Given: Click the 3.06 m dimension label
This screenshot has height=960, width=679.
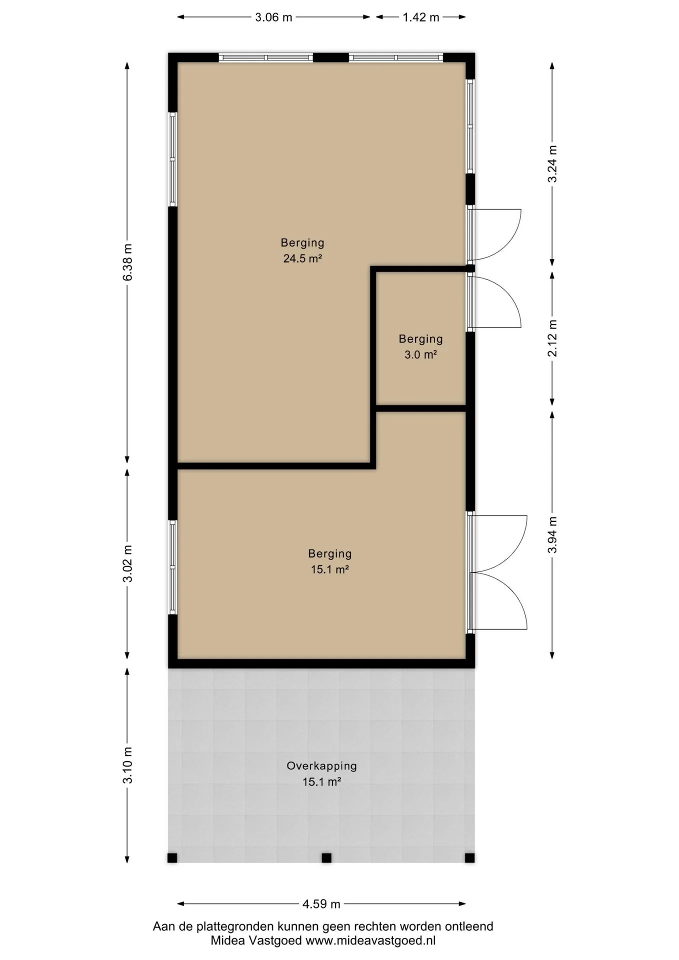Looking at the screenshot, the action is pos(273,17).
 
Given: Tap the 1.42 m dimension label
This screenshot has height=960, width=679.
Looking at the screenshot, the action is pos(421,17).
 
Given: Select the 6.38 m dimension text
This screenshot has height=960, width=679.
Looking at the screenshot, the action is pos(127,262).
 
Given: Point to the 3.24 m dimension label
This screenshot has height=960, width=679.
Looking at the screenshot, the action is pos(552,164).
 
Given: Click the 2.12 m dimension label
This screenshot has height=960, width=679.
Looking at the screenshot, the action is pos(552,338).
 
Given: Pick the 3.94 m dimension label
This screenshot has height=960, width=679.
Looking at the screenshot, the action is pos(552,535).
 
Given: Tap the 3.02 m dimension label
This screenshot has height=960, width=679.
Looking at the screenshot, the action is pos(127,563).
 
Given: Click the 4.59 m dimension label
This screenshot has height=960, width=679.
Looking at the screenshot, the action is pos(321,903).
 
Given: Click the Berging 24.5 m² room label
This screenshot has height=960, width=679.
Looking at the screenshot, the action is pos(302,250).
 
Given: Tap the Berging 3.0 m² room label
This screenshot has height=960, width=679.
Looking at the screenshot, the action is pos(420,346).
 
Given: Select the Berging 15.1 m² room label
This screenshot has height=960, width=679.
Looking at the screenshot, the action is pos(330,561).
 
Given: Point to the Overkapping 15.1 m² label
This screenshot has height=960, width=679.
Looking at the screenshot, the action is pos(321,773).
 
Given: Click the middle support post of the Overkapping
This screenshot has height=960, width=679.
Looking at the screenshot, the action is pos(326,858).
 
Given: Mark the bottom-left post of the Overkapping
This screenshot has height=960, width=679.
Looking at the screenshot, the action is pos(172,858).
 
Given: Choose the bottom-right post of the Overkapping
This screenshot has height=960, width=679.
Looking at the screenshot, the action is pos(469,858).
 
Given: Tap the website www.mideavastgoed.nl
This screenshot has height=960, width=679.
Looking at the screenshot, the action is pos(370,940).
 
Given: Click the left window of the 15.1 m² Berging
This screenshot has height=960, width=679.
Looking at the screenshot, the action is pos(172,567).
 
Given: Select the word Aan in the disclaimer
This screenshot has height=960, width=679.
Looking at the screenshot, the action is pos(163,926).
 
